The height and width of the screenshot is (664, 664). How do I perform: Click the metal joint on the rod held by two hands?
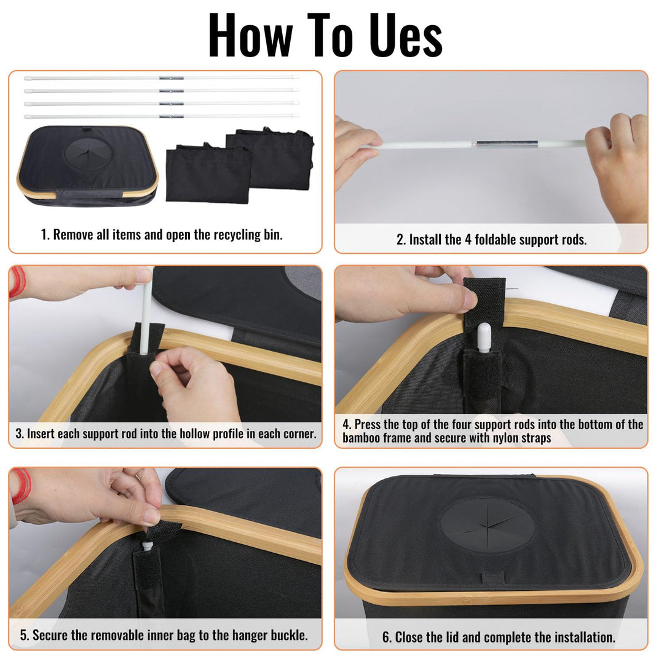pyautogui.click(x=507, y=144)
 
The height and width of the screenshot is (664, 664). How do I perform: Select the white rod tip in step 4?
pyautogui.click(x=483, y=338)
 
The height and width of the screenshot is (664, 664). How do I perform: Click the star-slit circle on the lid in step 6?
pyautogui.click(x=488, y=525)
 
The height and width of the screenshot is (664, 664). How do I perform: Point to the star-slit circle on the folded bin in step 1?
pyautogui.click(x=89, y=153)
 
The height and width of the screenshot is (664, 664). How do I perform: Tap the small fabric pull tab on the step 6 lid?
pyautogui.click(x=493, y=577)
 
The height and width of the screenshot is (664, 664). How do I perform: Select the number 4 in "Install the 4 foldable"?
pyautogui.click(x=468, y=240)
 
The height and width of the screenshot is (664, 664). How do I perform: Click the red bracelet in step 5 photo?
pyautogui.click(x=20, y=486)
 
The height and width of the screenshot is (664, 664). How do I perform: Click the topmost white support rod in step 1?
pyautogui.click(x=162, y=78)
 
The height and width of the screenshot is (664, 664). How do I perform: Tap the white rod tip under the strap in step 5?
pyautogui.click(x=148, y=545)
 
